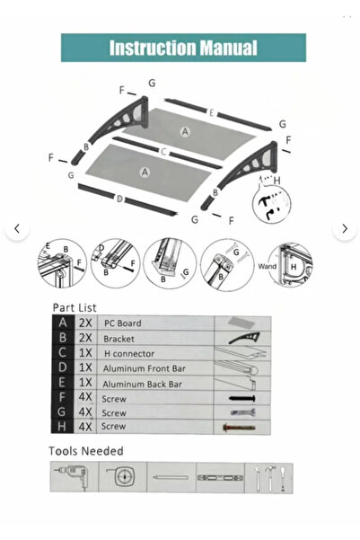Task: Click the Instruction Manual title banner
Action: pyautogui.click(x=183, y=48)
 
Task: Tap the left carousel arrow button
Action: pyautogui.click(x=16, y=229)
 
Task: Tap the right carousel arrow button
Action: pyautogui.click(x=344, y=229)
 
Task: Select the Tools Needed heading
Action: pyautogui.click(x=85, y=450)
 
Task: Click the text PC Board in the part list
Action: pyautogui.click(x=122, y=323)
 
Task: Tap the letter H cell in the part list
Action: pyautogui.click(x=62, y=426)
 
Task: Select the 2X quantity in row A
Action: pyautogui.click(x=85, y=323)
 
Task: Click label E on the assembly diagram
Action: pyautogui.click(x=210, y=112)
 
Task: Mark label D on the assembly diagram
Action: pyautogui.click(x=119, y=199)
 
